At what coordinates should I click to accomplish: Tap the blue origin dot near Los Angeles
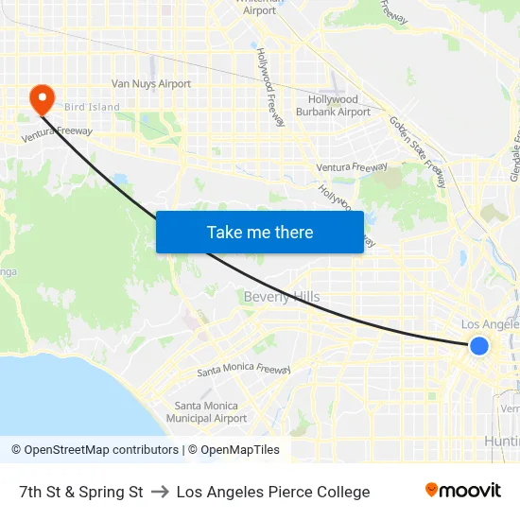click(x=479, y=346)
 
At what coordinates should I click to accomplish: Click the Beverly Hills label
click(x=282, y=297)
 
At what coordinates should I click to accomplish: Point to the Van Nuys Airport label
click(x=151, y=84)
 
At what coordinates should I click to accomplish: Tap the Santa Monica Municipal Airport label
click(x=206, y=411)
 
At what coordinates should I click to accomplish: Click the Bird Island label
click(x=92, y=107)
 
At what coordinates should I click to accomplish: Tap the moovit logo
click(x=462, y=491)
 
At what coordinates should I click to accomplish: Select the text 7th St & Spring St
click(x=81, y=492)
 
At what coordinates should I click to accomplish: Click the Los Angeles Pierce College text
click(x=273, y=492)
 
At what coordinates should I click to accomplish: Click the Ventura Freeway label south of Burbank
click(x=352, y=168)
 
